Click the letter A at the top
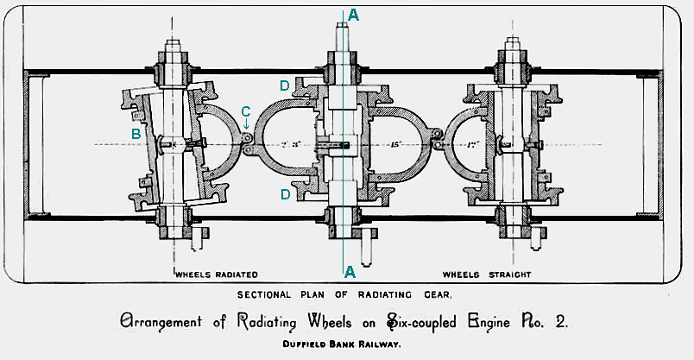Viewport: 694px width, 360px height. (x=351, y=14)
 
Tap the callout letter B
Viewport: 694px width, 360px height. (x=136, y=134)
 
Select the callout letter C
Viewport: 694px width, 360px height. (x=246, y=111)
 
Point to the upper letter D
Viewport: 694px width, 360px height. (x=284, y=85)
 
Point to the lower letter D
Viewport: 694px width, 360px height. (x=284, y=195)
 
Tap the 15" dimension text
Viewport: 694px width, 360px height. (x=397, y=144)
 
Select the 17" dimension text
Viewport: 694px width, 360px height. (x=472, y=144)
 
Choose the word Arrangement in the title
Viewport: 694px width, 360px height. (x=167, y=323)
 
